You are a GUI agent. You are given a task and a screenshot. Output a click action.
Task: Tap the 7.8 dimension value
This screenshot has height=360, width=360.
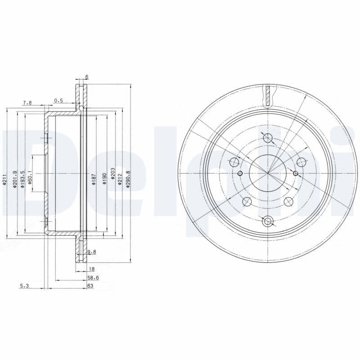pos(27,103)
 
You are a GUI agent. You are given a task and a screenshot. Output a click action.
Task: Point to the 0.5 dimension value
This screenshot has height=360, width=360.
pos(58,100)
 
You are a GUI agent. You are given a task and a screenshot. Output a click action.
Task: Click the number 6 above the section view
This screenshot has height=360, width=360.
pos(87,77)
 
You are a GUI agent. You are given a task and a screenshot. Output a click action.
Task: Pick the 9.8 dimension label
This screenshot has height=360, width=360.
pos(91,252)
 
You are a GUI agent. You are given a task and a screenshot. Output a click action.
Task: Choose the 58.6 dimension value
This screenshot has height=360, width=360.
pos(93,278)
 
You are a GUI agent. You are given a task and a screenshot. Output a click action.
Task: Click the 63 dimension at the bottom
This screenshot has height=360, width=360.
pos(90,286)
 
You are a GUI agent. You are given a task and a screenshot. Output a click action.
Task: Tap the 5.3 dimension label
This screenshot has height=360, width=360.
pos(25,286)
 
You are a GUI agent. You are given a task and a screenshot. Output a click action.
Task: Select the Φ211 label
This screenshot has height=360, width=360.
pos(4,179)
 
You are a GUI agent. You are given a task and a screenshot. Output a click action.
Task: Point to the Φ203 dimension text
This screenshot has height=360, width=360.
pos(113,174)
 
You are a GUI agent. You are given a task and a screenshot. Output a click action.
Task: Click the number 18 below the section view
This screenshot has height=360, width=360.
pos(91,269)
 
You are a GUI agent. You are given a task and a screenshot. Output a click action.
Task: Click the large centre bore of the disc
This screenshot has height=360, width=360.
pos(268,173)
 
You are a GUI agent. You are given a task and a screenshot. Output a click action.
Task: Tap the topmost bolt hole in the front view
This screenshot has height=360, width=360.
pos(268,138)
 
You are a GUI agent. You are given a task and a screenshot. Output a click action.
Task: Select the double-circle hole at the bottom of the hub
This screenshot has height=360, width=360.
pos(268,221)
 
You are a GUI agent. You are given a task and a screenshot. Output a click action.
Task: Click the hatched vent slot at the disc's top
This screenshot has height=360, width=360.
pos(268,96)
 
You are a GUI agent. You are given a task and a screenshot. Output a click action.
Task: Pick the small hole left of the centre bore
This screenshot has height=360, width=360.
pos(240,174)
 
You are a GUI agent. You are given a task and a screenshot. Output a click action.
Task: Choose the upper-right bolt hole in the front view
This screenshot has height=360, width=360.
pos(301,162)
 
